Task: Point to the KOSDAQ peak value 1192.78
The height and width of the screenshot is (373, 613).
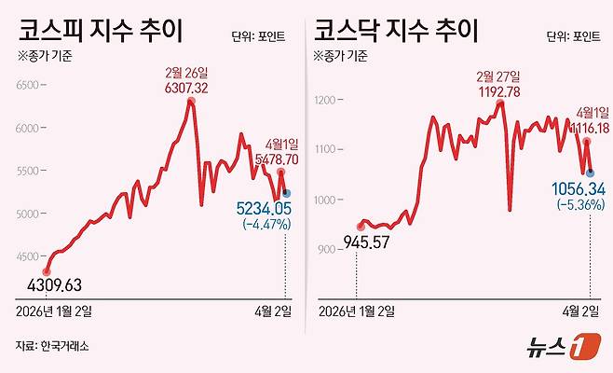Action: [498, 90]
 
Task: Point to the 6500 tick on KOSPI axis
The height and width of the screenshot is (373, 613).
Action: [31, 86]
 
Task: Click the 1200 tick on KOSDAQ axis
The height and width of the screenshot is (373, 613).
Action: [331, 99]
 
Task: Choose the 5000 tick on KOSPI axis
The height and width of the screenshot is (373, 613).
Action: [31, 214]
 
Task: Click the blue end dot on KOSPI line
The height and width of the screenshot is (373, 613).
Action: [286, 192]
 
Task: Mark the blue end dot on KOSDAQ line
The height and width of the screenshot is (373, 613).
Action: [590, 172]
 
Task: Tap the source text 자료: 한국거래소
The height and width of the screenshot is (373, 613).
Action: [52, 346]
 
